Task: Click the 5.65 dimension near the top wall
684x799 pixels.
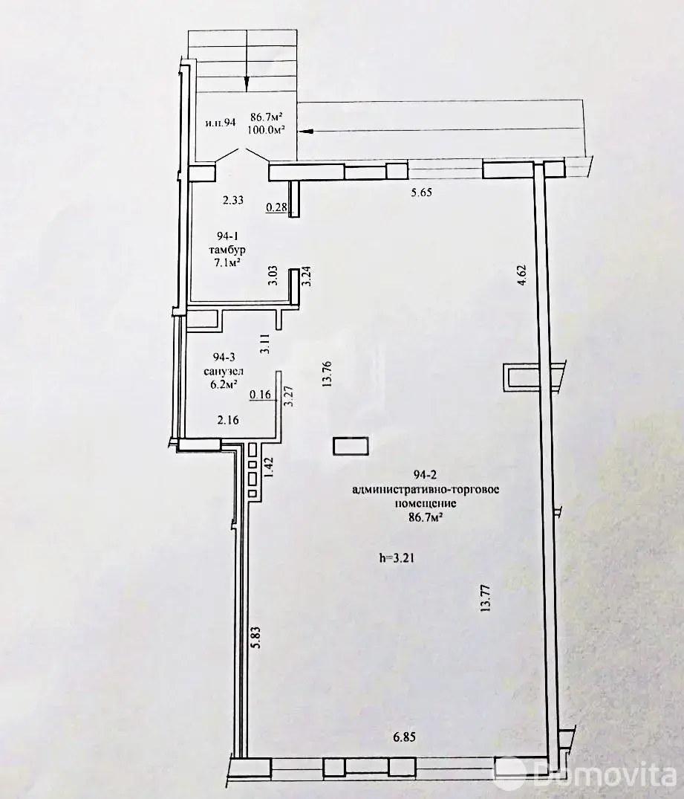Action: click(x=421, y=193)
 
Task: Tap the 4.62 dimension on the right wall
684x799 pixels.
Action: click(x=521, y=275)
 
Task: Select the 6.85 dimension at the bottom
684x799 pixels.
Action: click(x=404, y=737)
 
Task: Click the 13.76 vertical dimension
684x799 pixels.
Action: click(x=327, y=374)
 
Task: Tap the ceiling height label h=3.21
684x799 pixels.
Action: click(x=397, y=558)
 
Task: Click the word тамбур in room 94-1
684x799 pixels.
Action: click(x=227, y=250)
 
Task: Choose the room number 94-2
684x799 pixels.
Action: click(x=426, y=475)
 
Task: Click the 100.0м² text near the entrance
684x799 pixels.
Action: click(x=265, y=129)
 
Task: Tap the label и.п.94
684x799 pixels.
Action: click(x=220, y=123)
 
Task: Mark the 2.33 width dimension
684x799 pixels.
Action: click(x=232, y=200)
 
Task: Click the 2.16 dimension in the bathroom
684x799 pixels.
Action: click(x=228, y=420)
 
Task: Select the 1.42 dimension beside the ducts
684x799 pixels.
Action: click(x=269, y=465)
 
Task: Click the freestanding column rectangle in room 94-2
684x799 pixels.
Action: click(x=351, y=445)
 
